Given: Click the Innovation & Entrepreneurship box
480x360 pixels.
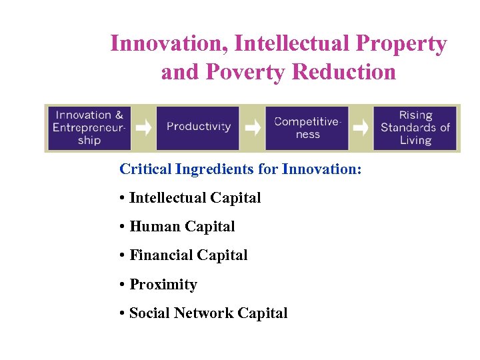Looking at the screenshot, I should (90, 127).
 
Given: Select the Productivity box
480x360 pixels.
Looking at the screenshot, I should (198, 127).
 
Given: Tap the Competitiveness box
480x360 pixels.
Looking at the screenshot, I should (307, 127).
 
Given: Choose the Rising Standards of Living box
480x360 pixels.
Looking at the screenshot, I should (415, 127).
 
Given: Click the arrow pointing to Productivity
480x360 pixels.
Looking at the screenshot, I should (144, 127).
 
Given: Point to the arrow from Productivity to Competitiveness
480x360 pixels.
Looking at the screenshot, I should (252, 127).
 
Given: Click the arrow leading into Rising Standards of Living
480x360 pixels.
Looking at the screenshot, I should (361, 127).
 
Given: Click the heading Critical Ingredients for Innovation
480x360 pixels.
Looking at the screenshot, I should (240, 169).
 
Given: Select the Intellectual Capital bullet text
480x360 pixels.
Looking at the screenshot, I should (195, 198).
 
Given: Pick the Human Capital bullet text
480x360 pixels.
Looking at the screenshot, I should (182, 227).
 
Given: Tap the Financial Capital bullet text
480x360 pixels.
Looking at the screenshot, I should (188, 255).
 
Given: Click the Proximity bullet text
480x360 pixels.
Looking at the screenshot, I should (163, 285).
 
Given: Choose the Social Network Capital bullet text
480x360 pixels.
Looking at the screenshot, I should (208, 313).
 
